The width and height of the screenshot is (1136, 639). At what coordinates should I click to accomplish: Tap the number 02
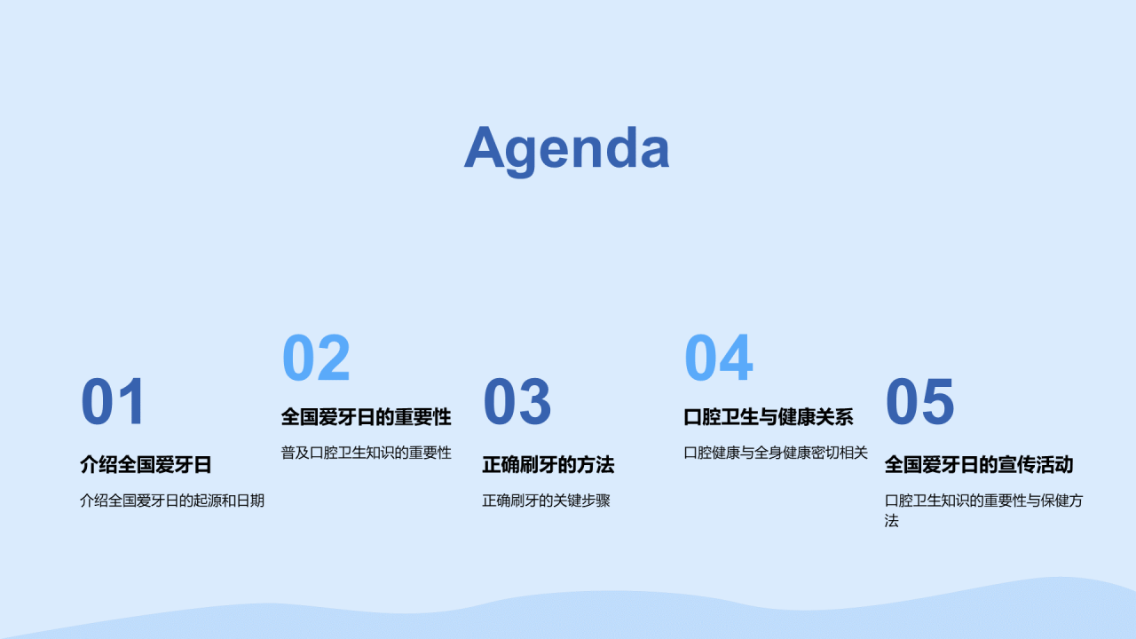coord(316,358)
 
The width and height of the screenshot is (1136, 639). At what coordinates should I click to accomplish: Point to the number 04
coord(718,358)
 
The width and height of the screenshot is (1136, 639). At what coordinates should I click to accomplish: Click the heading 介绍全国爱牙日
coord(146,464)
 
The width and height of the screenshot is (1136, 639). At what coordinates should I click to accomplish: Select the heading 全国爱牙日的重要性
coord(367,417)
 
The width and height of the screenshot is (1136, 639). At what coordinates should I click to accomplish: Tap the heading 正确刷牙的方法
coord(548,464)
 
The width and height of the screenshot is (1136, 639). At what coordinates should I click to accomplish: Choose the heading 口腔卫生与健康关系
coord(769,417)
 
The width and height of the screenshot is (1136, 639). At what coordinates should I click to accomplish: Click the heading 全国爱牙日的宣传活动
coord(979,464)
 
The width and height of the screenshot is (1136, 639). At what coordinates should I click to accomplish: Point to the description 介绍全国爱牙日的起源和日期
coord(172,501)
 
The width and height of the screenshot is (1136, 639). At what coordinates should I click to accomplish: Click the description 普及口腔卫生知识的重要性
coord(367,453)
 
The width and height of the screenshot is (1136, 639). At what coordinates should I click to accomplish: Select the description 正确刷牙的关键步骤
coord(546,501)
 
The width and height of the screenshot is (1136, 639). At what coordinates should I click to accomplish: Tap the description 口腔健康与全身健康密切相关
coord(776,453)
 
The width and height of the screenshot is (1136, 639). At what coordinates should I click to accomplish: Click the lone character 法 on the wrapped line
coord(892,521)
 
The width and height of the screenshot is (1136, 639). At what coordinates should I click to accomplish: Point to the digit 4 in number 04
coord(736,358)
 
